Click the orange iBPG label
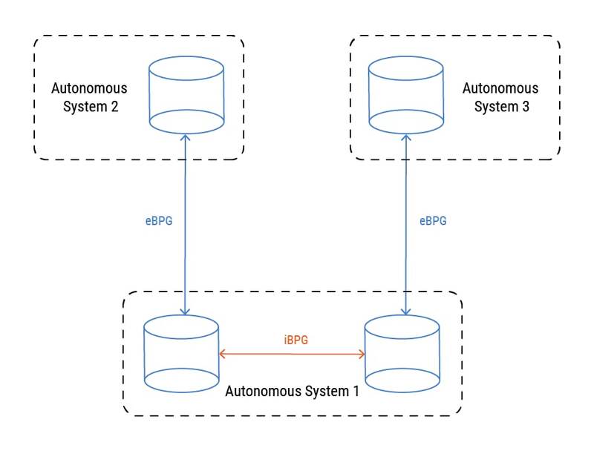click(x=296, y=340)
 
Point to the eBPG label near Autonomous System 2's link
click(x=159, y=220)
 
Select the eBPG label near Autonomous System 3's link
click(x=433, y=220)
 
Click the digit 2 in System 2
click(x=114, y=106)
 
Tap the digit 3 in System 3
click(x=526, y=106)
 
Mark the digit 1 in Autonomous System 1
click(x=356, y=391)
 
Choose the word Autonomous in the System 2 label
click(x=88, y=88)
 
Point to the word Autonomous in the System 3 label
click(x=500, y=88)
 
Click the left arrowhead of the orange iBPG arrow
click(x=222, y=355)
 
